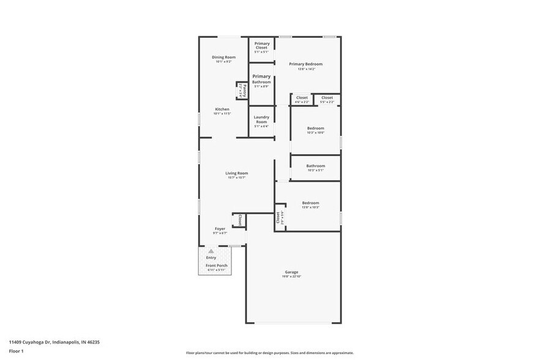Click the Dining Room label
tap(223, 57)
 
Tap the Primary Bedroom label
tap(306, 64)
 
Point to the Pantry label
tap(243, 91)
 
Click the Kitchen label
tap(222, 109)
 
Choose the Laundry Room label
tap(261, 119)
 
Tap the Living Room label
tap(236, 173)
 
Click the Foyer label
tap(220, 228)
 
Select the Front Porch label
tap(216, 265)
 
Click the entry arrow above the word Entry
tap(211, 251)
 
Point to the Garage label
tap(291, 272)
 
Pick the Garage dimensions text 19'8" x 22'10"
tap(291, 277)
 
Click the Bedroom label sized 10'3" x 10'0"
tap(315, 128)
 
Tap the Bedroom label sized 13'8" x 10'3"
tap(310, 202)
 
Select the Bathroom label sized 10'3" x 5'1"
tap(315, 165)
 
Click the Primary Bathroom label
tap(261, 79)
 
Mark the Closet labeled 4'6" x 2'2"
tap(302, 97)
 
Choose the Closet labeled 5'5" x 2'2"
tap(327, 97)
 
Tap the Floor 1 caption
tap(17, 351)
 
